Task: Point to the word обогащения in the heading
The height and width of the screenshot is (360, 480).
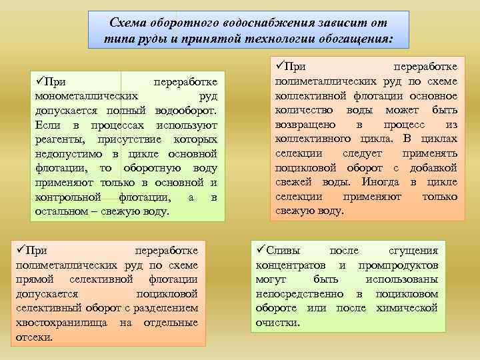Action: (359, 39)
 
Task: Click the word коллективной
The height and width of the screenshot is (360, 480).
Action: (308, 95)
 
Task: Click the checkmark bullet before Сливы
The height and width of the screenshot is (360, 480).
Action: (260, 251)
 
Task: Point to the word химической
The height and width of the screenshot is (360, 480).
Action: (406, 308)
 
